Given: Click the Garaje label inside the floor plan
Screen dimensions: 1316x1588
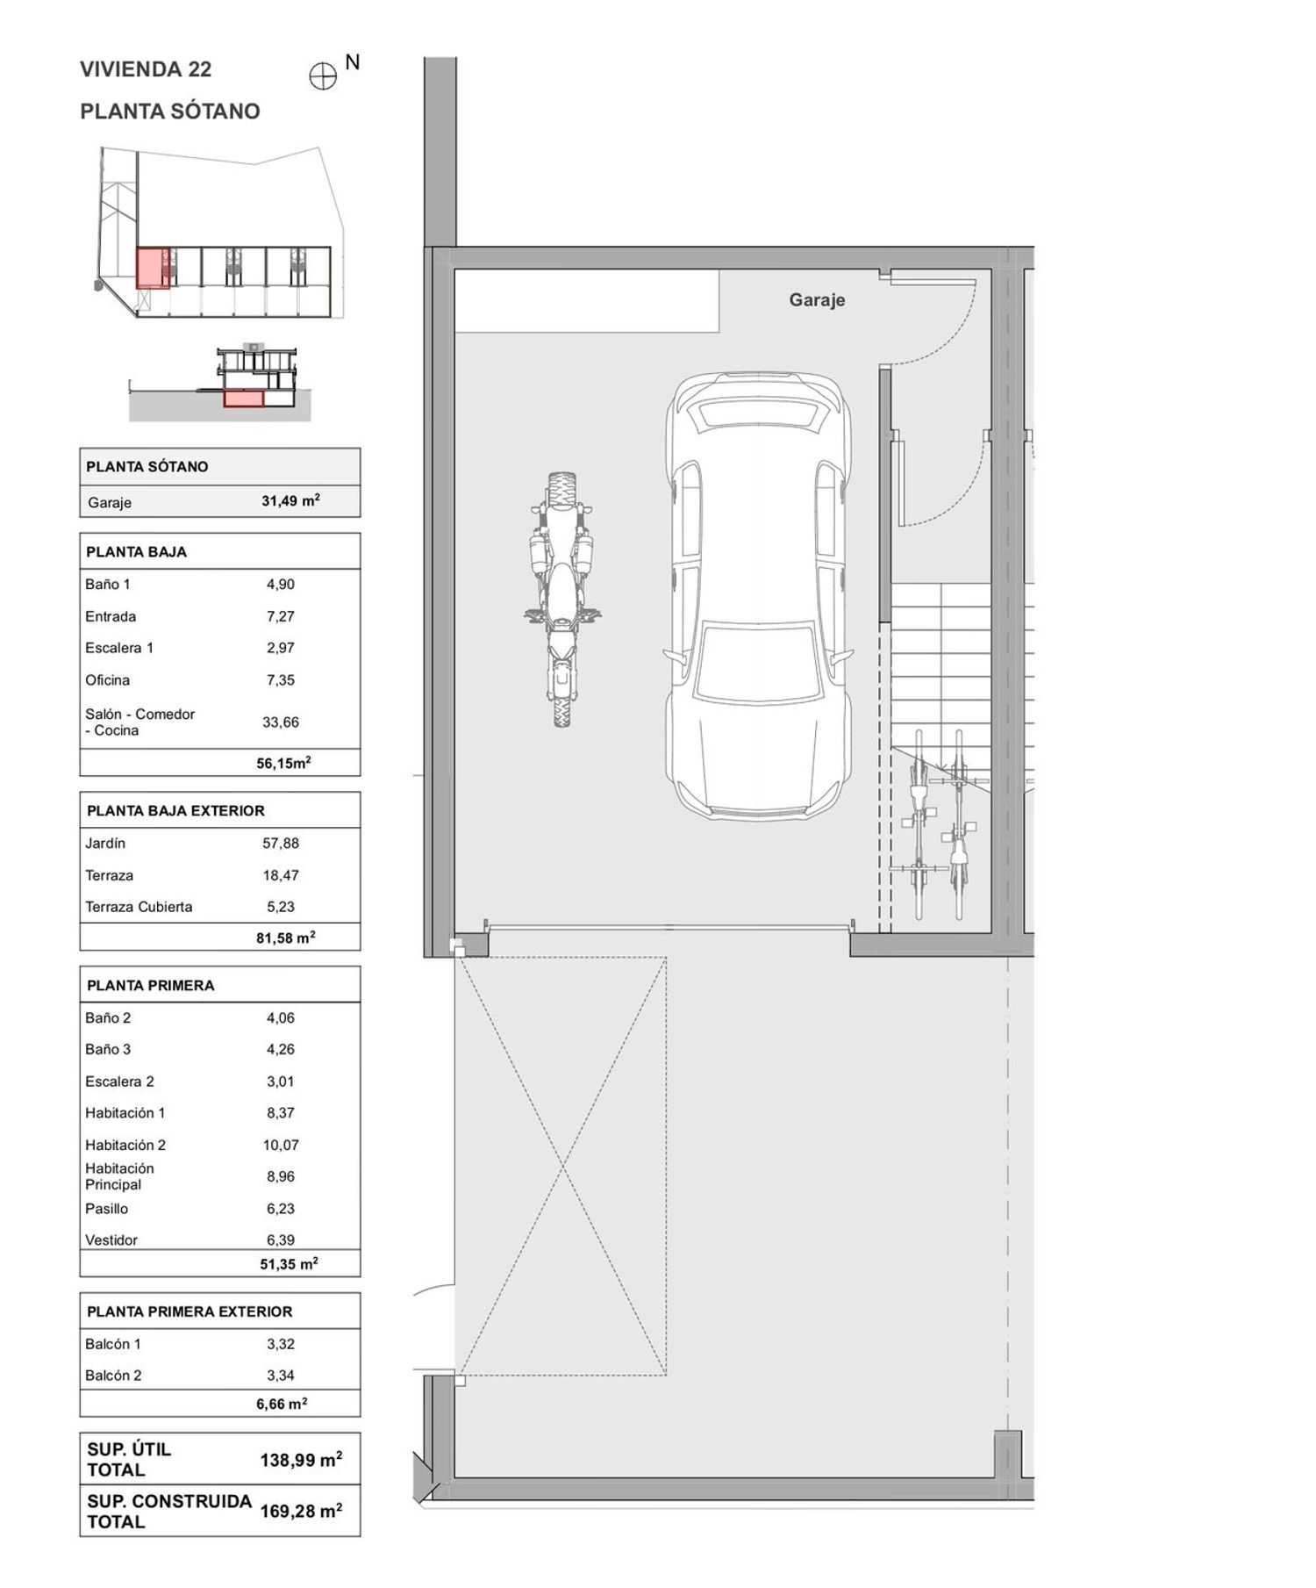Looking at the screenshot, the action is point(817,300).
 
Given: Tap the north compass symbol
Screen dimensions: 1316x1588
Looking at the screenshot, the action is point(323,77).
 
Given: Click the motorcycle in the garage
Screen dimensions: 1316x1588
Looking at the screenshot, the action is point(562,600).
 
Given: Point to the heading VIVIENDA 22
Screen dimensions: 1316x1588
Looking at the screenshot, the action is point(146,69).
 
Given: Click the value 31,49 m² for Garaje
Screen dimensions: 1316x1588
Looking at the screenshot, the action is point(290,501).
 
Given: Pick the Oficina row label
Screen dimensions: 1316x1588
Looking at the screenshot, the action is point(107,680).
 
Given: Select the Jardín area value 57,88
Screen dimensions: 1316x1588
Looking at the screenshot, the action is point(281,844).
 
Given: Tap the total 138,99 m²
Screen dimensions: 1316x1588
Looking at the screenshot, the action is point(301,1461).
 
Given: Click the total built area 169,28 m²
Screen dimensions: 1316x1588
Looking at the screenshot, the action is point(301,1512).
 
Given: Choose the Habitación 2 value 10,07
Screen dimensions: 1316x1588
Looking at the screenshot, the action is point(281,1146).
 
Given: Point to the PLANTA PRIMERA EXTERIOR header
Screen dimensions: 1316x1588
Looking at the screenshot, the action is point(190,1311).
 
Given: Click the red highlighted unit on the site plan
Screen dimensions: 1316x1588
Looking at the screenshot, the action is point(153,268).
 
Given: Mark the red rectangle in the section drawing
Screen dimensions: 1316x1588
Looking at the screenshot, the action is point(243,399).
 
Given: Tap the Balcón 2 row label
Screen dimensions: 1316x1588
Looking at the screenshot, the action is point(113,1376).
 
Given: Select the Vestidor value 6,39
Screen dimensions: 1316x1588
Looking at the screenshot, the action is point(281,1240).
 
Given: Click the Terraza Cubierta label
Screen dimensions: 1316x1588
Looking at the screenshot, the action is point(139,907).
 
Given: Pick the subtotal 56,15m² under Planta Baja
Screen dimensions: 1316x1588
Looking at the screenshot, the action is point(283,763).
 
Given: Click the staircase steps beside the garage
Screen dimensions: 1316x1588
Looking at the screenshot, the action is point(941,667).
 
